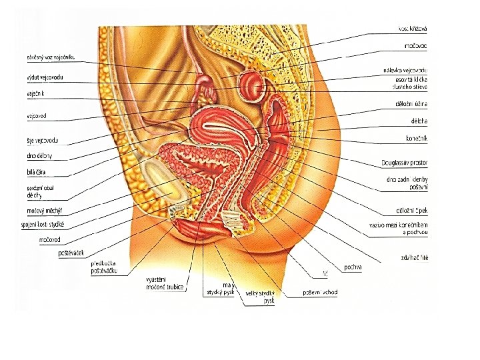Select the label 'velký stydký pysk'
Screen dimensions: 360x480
[x=260, y=297]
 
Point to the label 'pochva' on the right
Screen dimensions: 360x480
[x=353, y=267]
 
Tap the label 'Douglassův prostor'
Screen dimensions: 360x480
[x=405, y=162]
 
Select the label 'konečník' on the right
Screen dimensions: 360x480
[x=416, y=139]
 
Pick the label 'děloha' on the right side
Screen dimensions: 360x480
[x=419, y=121]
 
